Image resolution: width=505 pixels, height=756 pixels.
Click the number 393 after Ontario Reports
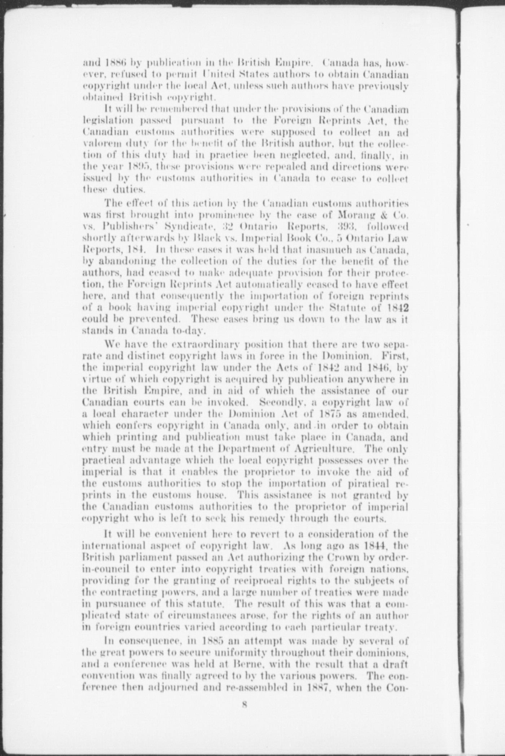[x=347, y=227]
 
